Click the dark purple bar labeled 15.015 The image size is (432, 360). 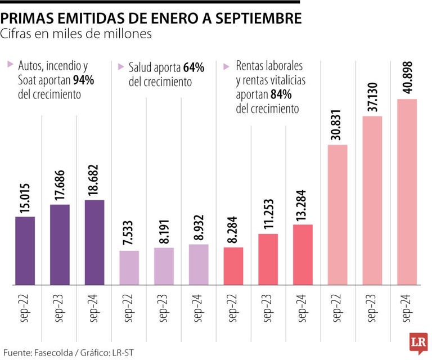[x=25, y=251]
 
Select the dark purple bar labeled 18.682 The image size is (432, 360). [x=94, y=242]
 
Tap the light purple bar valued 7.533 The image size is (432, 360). [x=129, y=268]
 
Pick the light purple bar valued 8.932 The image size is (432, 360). [x=199, y=264]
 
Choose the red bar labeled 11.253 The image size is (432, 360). [x=268, y=259]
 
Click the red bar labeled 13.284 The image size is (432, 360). [x=303, y=254]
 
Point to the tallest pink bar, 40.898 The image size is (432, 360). [x=407, y=192]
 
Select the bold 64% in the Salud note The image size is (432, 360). [x=193, y=68]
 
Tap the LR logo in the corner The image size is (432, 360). [x=416, y=344]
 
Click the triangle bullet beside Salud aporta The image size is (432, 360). [x=121, y=66]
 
